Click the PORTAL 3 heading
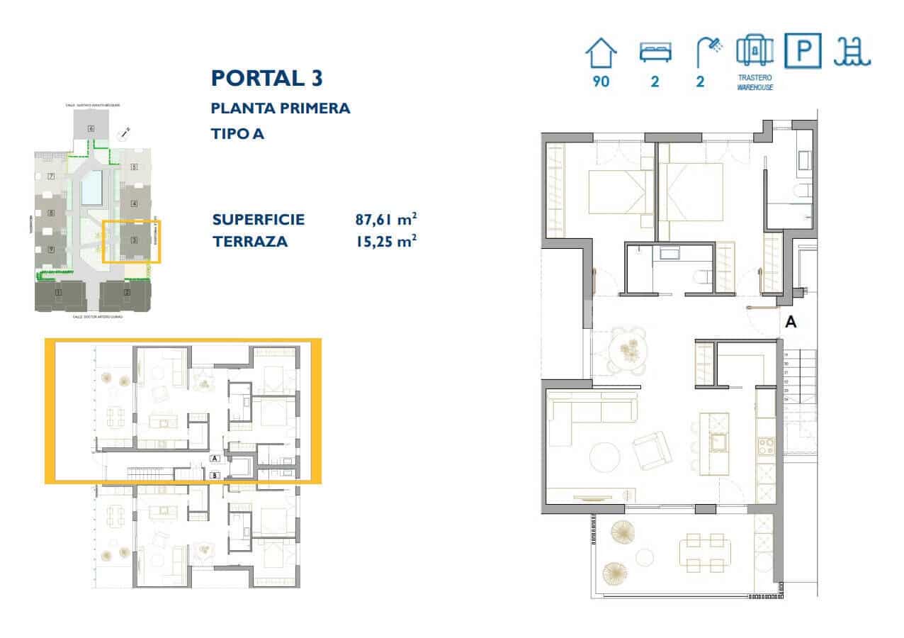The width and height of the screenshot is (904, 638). (267, 78)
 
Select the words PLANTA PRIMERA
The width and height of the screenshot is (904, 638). (281, 108)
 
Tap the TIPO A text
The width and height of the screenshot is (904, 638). (237, 133)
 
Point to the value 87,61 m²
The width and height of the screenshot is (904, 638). (385, 219)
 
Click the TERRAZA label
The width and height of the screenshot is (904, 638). (250, 242)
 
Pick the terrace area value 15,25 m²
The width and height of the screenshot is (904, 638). (385, 242)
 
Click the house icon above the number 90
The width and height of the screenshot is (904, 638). (601, 54)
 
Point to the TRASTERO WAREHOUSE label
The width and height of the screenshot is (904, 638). (754, 82)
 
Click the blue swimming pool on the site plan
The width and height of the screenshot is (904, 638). (91, 189)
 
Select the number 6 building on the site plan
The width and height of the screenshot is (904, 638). (91, 128)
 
